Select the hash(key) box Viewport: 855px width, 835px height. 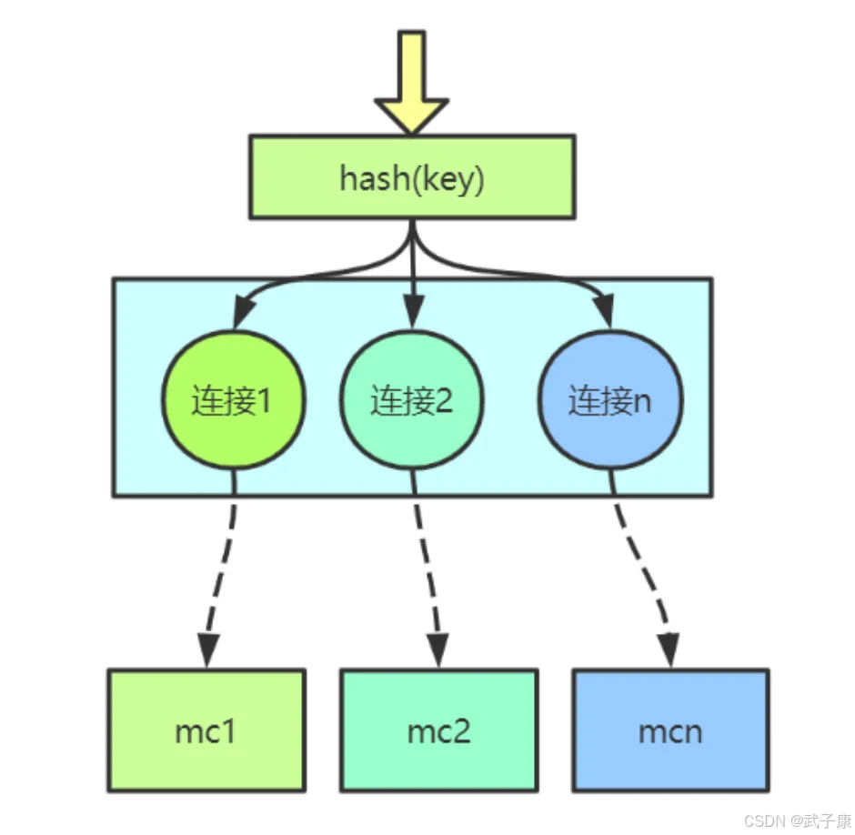click(412, 177)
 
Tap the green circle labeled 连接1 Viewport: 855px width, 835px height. click(234, 400)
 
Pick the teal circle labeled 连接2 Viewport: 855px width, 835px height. click(411, 400)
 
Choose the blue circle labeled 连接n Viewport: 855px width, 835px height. click(610, 400)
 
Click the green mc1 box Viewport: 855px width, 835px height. click(206, 729)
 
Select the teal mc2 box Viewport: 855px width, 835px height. click(438, 729)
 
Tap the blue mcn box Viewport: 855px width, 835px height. click(670, 729)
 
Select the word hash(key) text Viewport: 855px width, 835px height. click(412, 178)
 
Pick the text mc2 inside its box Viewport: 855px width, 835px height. click(438, 730)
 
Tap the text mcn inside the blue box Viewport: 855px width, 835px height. click(670, 730)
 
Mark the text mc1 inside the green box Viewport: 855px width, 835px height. click(205, 730)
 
